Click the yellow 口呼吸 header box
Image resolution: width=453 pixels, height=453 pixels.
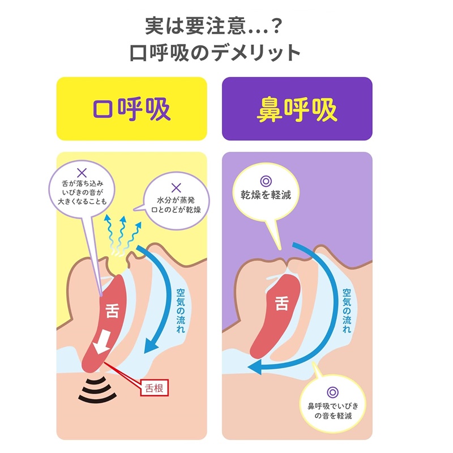pyautogui.click(x=132, y=109)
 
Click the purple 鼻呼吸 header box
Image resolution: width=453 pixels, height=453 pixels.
pyautogui.click(x=297, y=109)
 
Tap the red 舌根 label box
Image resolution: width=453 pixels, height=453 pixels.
pyautogui.click(x=154, y=388)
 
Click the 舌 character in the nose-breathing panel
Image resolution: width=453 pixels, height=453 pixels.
pyautogui.click(x=281, y=303)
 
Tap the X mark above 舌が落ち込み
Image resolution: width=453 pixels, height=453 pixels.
pyautogui.click(x=82, y=172)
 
